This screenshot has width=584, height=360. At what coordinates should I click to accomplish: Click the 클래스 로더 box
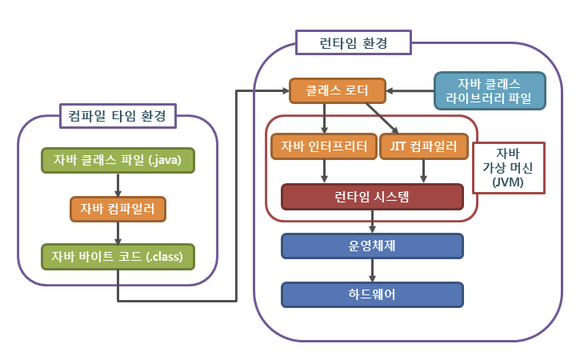point(337,91)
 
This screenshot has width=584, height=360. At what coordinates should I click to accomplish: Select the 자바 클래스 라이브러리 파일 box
point(489,91)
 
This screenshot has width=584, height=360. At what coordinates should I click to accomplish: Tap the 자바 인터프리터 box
point(324,147)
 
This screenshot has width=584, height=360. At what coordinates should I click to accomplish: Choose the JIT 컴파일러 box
point(423,147)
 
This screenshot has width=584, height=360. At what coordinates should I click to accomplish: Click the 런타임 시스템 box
point(372,197)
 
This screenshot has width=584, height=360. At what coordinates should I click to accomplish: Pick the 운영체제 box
point(372,246)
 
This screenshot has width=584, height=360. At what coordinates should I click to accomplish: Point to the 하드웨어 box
point(372,294)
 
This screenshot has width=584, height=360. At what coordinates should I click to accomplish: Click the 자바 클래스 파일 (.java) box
point(118,160)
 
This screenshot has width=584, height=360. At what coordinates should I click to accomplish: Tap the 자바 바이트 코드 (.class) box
point(118,256)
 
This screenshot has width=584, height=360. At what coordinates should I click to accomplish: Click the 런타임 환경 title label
point(353,42)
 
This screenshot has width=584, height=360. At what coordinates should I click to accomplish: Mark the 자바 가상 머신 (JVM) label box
point(508,169)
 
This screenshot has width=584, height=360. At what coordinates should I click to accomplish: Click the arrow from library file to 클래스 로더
point(410,91)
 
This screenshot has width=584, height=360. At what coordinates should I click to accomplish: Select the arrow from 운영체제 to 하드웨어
point(372,270)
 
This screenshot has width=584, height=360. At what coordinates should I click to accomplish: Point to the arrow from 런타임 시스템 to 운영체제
point(372,222)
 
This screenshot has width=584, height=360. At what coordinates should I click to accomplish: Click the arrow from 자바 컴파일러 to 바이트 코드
point(118,232)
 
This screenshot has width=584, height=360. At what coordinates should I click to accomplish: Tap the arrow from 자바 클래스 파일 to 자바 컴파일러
point(118,184)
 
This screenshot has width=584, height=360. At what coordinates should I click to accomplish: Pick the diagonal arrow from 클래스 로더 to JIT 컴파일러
point(382,118)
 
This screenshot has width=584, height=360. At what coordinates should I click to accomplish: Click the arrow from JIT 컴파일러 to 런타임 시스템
point(423,171)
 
